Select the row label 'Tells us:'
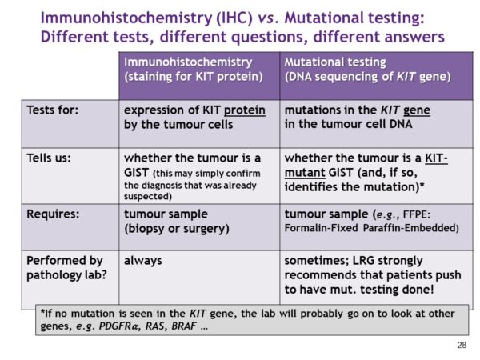point(49,158)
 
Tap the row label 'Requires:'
point(52,214)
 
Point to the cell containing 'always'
point(143,261)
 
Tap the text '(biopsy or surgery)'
point(176,229)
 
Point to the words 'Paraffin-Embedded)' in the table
point(414,229)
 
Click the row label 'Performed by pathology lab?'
point(64,268)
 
